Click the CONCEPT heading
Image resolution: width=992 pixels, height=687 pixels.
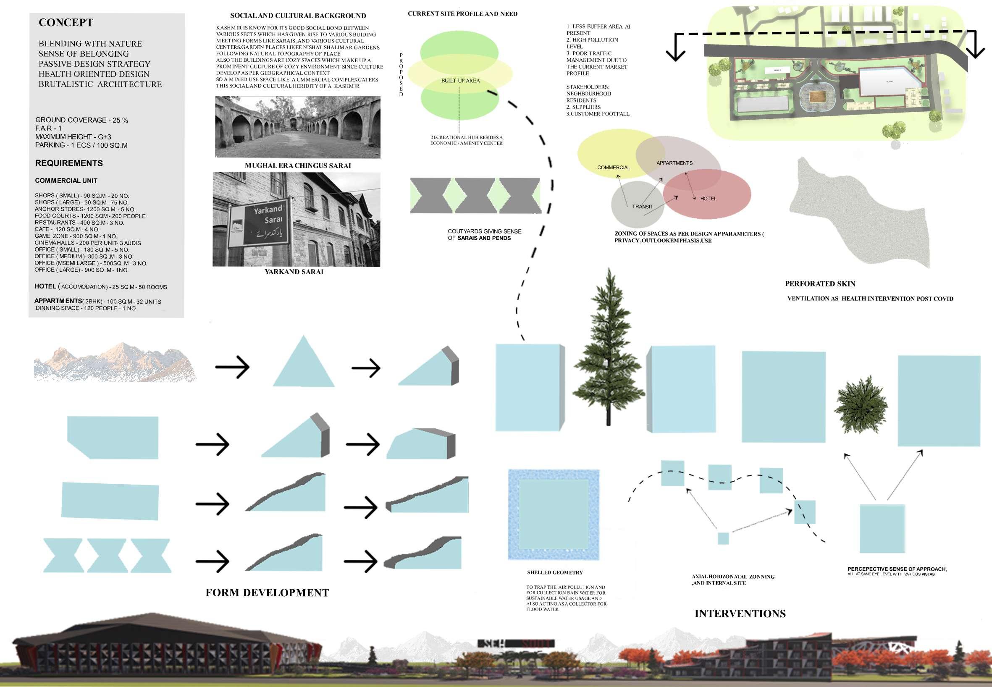(66, 23)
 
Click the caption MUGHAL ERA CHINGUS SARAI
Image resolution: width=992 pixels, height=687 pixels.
(297, 166)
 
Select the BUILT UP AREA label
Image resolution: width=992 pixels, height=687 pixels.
(460, 81)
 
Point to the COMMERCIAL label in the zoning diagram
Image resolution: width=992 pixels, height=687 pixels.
(613, 168)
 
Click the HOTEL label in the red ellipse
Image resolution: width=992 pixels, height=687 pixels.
(708, 199)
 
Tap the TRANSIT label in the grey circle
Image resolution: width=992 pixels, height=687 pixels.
(642, 207)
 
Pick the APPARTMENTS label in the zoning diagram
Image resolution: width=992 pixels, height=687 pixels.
(674, 163)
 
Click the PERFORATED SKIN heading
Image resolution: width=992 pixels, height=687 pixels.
(820, 284)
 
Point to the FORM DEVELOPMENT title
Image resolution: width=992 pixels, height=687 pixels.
(267, 593)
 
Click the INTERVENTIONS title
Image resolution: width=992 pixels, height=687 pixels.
(740, 614)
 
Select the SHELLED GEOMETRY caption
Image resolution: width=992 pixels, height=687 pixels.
(554, 573)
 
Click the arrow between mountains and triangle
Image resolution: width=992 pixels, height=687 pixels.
(232, 367)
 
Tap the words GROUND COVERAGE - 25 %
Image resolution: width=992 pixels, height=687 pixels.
(81, 121)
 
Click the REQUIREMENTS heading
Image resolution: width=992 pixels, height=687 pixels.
(69, 163)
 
